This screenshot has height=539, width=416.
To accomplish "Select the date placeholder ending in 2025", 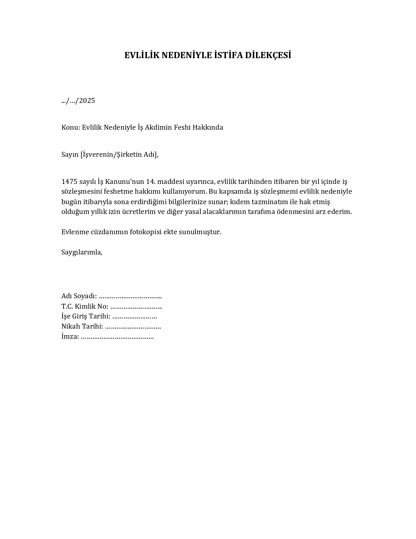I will [78, 101].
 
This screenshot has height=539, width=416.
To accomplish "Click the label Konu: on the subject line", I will [70, 127].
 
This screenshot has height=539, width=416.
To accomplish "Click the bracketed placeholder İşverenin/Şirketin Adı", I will [119, 155].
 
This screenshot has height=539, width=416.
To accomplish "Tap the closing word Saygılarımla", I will [82, 252].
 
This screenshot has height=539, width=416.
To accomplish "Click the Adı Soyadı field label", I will [79, 296].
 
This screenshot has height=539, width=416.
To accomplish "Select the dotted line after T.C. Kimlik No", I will [136, 307].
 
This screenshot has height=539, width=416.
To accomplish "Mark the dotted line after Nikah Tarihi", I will [133, 327].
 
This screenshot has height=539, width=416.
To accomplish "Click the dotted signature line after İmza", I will [117, 337].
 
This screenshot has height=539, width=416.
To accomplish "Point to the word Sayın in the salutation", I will [70, 155].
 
